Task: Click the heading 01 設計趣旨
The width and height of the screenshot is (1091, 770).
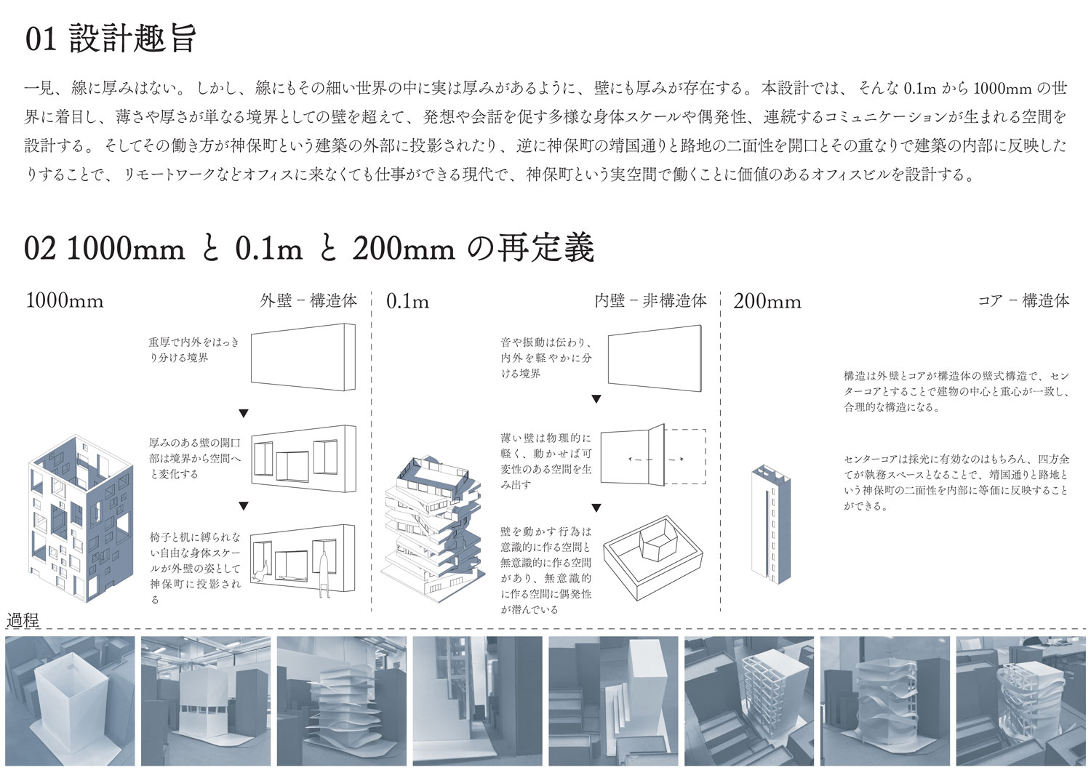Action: [111, 39]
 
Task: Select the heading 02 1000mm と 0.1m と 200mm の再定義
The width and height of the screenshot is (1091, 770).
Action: [309, 249]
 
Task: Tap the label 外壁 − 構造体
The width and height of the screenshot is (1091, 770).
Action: [308, 300]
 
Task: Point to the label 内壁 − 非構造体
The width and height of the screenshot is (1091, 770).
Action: [650, 300]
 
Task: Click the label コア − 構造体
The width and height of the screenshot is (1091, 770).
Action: [1023, 300]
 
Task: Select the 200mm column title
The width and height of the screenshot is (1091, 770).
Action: [767, 302]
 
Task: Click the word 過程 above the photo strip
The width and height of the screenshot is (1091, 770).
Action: [23, 620]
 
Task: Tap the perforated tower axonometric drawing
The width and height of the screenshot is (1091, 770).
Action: [80, 518]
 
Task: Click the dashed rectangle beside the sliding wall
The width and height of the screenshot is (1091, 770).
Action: [685, 457]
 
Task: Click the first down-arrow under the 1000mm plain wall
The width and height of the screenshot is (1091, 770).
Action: [244, 414]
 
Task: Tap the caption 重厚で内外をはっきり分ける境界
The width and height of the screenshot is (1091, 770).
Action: [194, 350]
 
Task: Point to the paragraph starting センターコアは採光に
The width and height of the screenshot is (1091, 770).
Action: [956, 482]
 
